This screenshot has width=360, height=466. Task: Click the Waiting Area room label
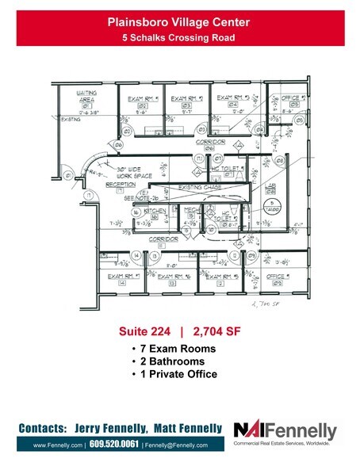(x=86, y=97)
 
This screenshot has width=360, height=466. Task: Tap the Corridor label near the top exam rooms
(x=213, y=141)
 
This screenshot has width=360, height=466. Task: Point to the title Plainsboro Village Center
(x=180, y=25)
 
